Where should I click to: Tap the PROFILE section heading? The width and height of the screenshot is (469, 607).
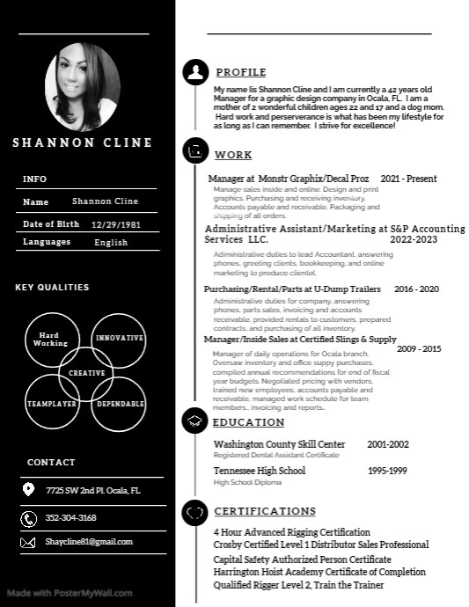pyautogui.click(x=240, y=72)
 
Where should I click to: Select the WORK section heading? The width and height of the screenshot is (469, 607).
pyautogui.click(x=233, y=155)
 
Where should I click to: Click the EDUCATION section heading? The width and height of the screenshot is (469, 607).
pyautogui.click(x=249, y=422)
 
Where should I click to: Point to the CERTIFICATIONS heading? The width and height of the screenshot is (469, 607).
pyautogui.click(x=265, y=511)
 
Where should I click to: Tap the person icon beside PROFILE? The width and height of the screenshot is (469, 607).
pyautogui.click(x=194, y=72)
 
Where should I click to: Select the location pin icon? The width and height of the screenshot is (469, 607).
pyautogui.click(x=28, y=490)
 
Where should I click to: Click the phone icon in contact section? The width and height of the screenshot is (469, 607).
pyautogui.click(x=28, y=518)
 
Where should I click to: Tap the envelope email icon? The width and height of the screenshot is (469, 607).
pyautogui.click(x=28, y=543)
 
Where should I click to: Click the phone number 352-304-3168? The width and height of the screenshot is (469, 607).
pyautogui.click(x=71, y=518)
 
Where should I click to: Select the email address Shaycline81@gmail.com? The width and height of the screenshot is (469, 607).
pyautogui.click(x=89, y=542)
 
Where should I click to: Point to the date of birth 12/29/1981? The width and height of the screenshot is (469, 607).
pyautogui.click(x=116, y=224)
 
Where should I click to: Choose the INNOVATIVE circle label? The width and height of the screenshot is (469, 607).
pyautogui.click(x=120, y=338)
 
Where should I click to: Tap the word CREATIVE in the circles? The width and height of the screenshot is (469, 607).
pyautogui.click(x=86, y=372)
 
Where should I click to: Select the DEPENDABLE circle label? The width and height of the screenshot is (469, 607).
pyautogui.click(x=120, y=403)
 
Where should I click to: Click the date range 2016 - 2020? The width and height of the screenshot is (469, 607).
pyautogui.click(x=416, y=289)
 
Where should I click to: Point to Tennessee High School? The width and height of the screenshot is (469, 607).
pyautogui.click(x=260, y=471)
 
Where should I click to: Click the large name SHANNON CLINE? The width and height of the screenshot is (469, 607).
pyautogui.click(x=83, y=143)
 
